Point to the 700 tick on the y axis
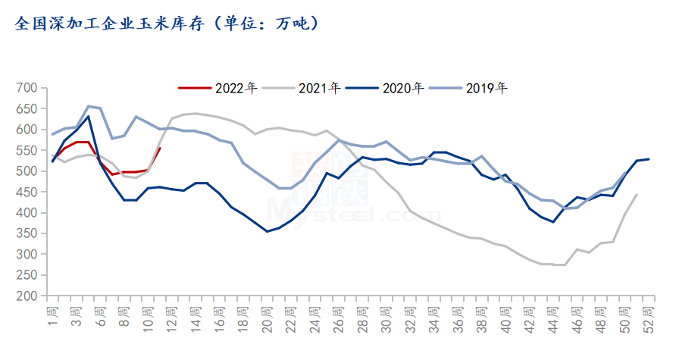(27, 88)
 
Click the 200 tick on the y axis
(27, 296)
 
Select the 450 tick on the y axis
(27, 193)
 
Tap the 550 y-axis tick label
(27, 151)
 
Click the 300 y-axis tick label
(27, 255)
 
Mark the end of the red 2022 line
(160, 148)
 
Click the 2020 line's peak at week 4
(89, 116)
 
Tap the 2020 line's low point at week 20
(267, 231)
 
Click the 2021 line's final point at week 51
(636, 194)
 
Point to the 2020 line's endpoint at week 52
(648, 158)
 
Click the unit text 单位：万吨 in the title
(266, 23)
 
